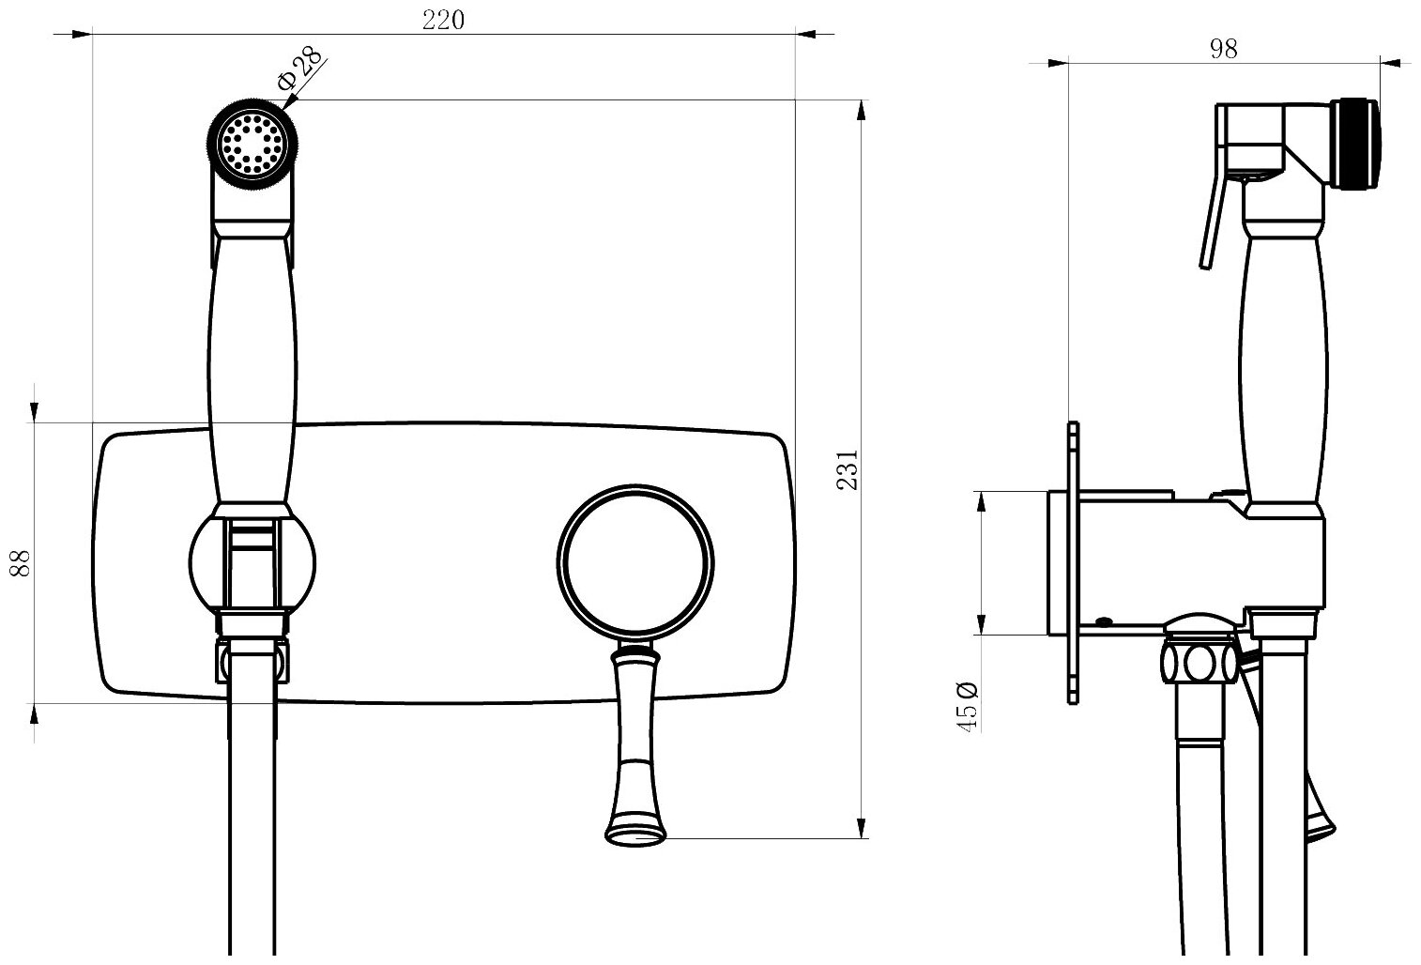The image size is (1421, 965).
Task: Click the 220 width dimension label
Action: click(x=443, y=20)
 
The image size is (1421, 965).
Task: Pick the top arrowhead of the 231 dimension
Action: click(x=862, y=111)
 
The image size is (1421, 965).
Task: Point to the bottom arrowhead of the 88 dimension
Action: click(x=35, y=714)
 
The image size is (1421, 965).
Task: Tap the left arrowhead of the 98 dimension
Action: click(x=1058, y=63)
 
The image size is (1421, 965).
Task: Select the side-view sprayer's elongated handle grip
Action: click(x=1283, y=366)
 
